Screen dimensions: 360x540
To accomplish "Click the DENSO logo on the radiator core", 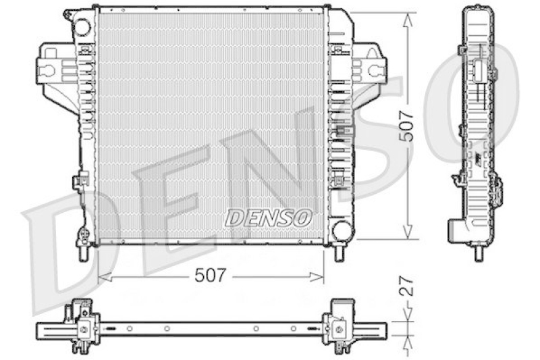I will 268,217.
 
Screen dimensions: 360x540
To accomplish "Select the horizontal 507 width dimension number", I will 210,275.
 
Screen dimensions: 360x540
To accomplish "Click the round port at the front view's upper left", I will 82,28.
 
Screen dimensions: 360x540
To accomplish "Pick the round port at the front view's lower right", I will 342,229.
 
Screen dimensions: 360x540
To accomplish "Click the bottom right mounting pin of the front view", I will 340,253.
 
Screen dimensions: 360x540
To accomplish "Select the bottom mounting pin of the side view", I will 479,254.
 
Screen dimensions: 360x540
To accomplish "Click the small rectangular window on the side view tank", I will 477,68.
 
